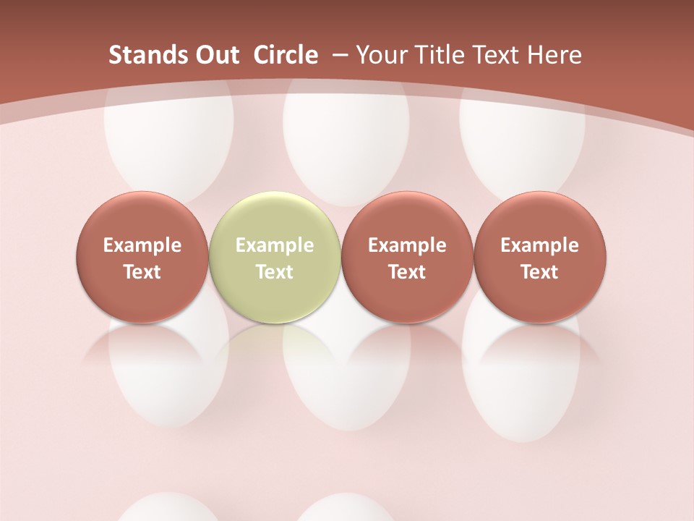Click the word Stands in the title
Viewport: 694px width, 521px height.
point(141,55)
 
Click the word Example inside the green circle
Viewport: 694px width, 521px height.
point(275,245)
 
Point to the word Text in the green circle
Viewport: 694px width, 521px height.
point(275,272)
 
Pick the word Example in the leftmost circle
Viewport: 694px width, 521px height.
point(142,245)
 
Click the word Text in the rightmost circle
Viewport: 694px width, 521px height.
point(539,272)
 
